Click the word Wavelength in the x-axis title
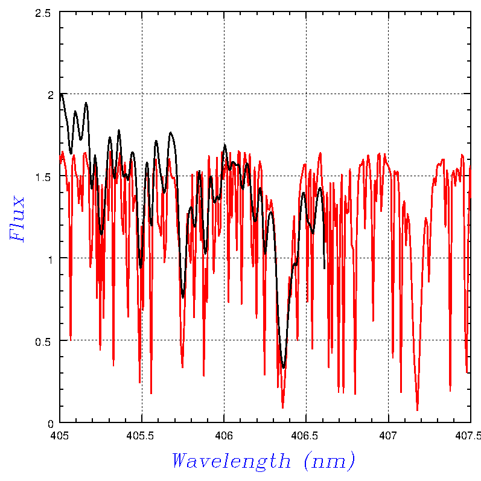click(x=231, y=461)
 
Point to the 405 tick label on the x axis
click(x=59, y=434)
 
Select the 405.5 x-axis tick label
click(x=142, y=434)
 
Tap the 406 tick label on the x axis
click(x=224, y=434)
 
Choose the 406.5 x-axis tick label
click(x=306, y=434)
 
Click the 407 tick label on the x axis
click(x=388, y=434)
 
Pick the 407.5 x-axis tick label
click(x=470, y=434)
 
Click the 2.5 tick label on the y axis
click(x=43, y=12)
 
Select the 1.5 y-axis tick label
click(x=43, y=176)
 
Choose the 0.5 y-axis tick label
click(x=43, y=340)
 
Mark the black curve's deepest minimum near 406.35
click(x=284, y=367)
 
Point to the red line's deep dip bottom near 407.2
click(x=417, y=410)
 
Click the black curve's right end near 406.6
click(x=325, y=269)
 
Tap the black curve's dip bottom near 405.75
click(x=183, y=297)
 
